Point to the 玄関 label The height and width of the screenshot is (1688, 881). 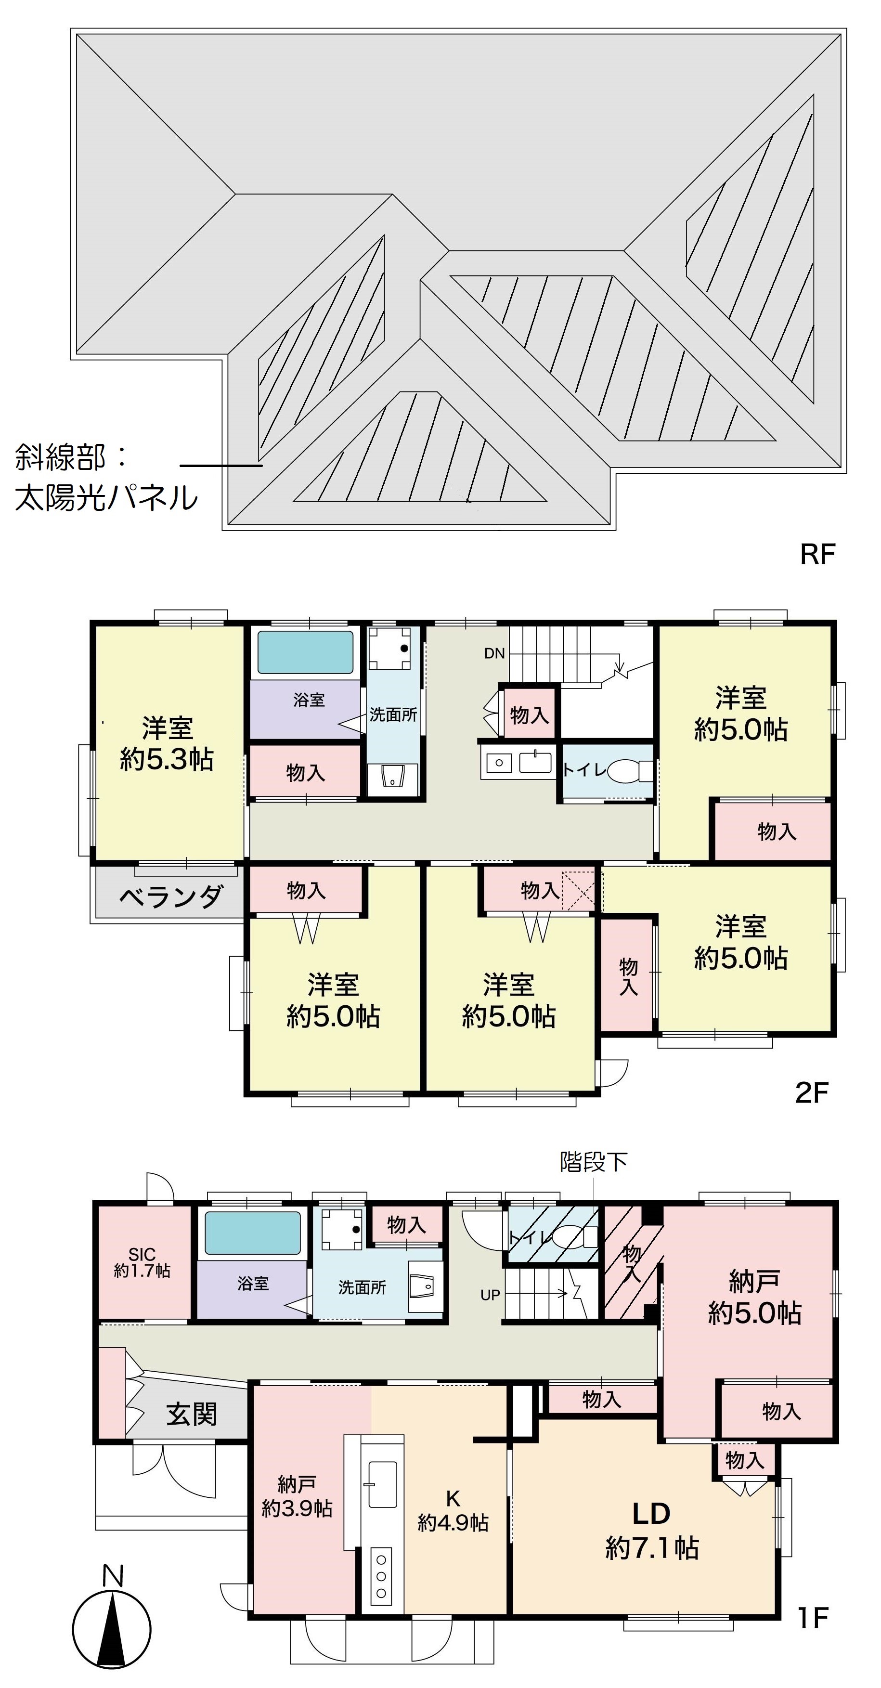coord(191,1415)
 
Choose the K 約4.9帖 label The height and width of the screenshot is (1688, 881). coord(453,1511)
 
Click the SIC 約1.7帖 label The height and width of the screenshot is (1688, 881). coord(142,1262)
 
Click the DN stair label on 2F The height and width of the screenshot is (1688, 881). coord(494,653)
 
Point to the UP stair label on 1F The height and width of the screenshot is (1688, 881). coord(490,1295)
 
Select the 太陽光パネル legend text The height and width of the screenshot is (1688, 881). coord(106,498)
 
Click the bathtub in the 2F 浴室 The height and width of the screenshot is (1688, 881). coord(305,652)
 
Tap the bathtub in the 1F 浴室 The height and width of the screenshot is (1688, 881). coord(253,1233)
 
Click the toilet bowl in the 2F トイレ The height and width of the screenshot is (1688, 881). coord(623,771)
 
